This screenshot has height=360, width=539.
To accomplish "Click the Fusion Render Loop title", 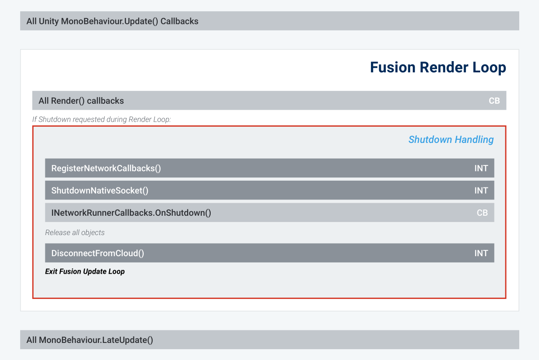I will tap(438, 67).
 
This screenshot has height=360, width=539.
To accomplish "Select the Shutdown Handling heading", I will tap(451, 140).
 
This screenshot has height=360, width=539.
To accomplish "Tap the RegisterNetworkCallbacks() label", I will tap(106, 169).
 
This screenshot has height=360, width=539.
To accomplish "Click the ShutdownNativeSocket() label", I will tap(100, 191).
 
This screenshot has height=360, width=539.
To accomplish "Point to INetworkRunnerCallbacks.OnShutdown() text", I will tap(131, 213).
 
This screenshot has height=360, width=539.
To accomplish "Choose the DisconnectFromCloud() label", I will tap(97, 253).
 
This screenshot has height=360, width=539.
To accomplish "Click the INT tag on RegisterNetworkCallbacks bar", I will tap(481, 169).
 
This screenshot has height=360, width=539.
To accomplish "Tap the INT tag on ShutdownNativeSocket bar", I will tap(481, 191).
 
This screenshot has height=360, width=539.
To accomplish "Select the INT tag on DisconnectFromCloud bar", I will tap(481, 253).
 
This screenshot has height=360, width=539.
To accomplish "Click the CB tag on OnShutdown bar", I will tap(482, 213).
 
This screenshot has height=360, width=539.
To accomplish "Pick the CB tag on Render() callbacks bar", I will tap(494, 101).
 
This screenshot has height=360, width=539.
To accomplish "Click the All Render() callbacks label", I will tap(81, 101).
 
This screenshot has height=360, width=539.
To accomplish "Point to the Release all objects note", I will tap(75, 233).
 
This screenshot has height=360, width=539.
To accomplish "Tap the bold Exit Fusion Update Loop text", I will tap(85, 271).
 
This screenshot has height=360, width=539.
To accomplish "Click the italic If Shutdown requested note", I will tap(102, 120).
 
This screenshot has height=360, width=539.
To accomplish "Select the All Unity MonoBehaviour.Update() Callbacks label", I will tap(112, 21).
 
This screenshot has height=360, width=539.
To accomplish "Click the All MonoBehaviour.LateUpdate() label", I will tap(90, 340).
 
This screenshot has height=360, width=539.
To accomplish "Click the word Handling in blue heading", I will tap(474, 140).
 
